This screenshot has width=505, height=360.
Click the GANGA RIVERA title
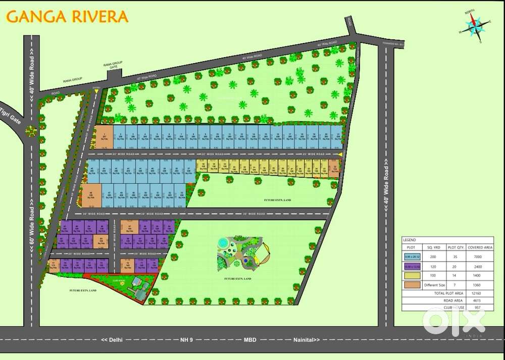coord(67,17)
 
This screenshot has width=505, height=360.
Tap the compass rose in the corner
coord(474,26)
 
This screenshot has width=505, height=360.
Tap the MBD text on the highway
coord(248,339)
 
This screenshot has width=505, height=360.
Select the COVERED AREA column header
coord(480,247)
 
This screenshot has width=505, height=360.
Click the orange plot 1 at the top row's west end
coord(104,137)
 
